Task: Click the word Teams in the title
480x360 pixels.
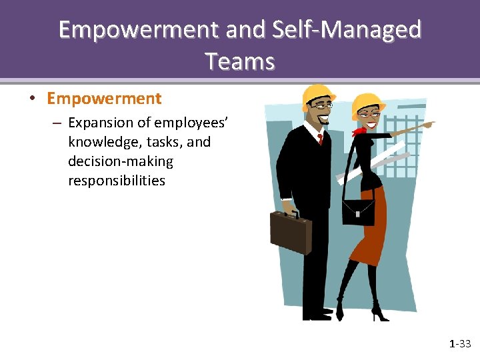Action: (240, 61)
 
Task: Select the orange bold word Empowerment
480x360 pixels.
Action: (104, 99)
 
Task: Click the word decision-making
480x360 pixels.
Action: (120, 161)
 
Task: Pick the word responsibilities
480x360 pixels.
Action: (116, 181)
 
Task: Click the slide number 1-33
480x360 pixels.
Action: (460, 344)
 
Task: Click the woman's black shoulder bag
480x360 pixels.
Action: (359, 209)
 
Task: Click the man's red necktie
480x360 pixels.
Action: (320, 139)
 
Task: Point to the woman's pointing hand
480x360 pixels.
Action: (427, 125)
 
